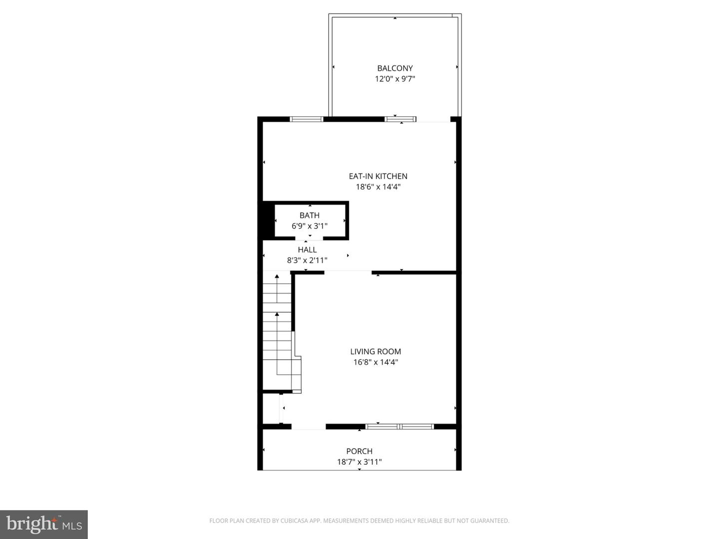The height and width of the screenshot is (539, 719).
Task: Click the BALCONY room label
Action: (x=395, y=68)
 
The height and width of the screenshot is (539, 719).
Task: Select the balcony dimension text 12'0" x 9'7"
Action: (x=395, y=79)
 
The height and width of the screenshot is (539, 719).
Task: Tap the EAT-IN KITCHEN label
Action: (x=378, y=176)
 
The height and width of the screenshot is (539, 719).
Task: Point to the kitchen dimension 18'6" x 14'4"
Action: (x=378, y=187)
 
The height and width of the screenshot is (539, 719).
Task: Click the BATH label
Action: (x=310, y=216)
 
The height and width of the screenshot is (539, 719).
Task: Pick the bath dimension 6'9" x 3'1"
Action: (x=310, y=226)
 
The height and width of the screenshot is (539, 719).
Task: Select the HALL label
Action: (x=307, y=250)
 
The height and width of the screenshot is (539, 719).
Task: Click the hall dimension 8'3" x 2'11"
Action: (x=307, y=260)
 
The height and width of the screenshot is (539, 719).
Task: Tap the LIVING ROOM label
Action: (x=375, y=352)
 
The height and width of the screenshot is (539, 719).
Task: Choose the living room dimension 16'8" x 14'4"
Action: (x=375, y=362)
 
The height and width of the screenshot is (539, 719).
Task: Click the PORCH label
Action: (x=359, y=451)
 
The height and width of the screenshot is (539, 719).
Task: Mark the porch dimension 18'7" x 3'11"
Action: (x=359, y=462)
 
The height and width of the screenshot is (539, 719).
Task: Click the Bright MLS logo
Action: (x=44, y=524)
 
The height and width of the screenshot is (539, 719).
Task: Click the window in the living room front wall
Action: (x=399, y=427)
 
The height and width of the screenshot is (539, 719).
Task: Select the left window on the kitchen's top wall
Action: (x=307, y=119)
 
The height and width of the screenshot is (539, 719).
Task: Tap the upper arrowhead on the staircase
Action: (x=277, y=276)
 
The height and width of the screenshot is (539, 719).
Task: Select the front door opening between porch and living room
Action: (x=309, y=427)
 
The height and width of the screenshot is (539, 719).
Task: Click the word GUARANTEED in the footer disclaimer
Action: (x=491, y=521)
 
